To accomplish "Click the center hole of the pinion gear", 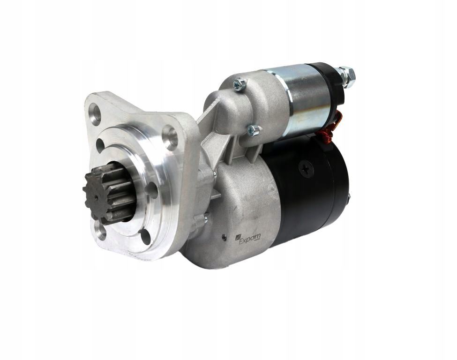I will [96, 197].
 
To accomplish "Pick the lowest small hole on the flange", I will [145, 237].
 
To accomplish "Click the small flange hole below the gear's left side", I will [100, 229].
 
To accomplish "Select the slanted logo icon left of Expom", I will [238, 238].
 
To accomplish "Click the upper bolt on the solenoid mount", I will [240, 85].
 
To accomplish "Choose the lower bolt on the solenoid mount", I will [253, 130].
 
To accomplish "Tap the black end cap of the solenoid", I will [331, 84].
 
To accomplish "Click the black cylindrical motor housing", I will [305, 187].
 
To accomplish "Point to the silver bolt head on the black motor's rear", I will [348, 199].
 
